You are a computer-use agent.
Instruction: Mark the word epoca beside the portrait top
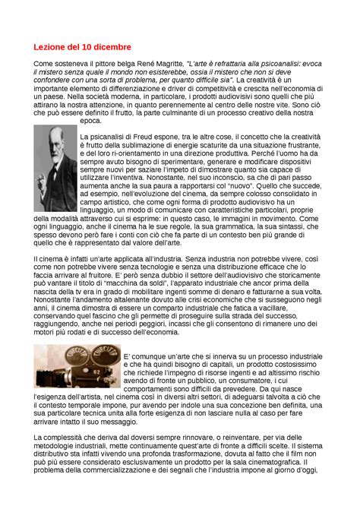(x=90, y=120)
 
